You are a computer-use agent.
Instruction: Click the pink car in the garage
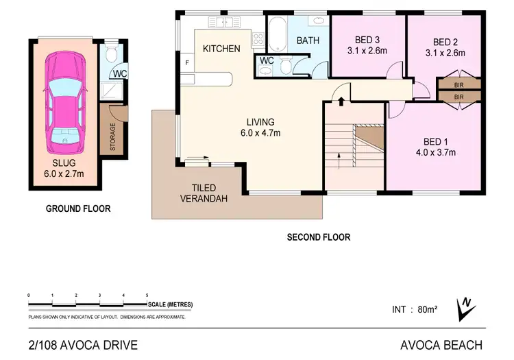pyautogui.click(x=66, y=103)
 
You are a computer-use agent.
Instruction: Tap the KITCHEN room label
pyautogui.click(x=221, y=49)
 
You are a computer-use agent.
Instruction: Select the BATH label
pyautogui.click(x=308, y=40)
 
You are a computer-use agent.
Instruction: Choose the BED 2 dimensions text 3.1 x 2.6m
pyautogui.click(x=445, y=52)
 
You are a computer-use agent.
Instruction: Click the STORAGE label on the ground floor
pyautogui.click(x=113, y=137)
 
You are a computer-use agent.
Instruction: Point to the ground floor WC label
pyautogui.click(x=119, y=73)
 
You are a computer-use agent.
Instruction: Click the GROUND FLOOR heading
pyautogui.click(x=77, y=208)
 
